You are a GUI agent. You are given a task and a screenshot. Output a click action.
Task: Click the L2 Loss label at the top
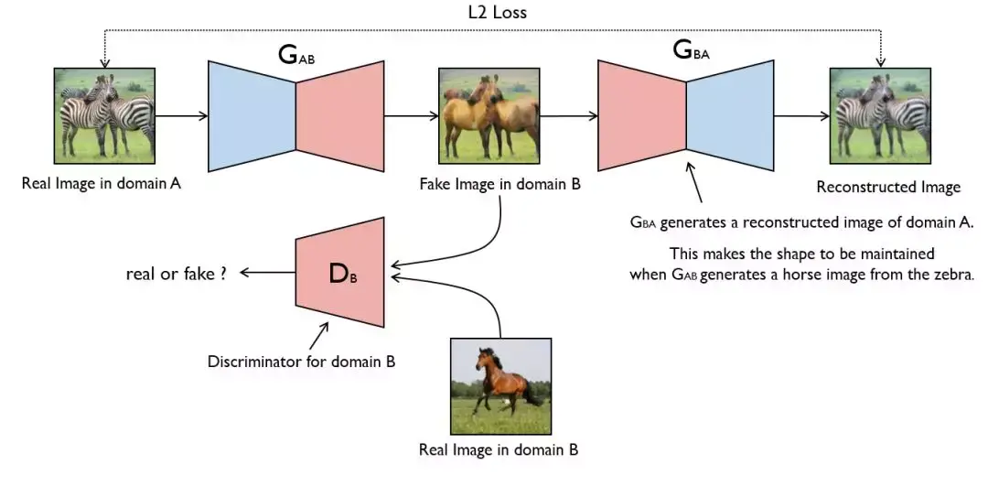pos(495,13)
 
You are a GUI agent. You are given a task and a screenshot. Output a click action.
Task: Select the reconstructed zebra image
pos(880,117)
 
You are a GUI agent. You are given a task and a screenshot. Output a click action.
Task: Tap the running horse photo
pos(500,387)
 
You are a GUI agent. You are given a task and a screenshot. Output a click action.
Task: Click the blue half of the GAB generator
pos(252,116)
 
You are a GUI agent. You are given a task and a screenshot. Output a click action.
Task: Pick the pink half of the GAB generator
pos(340,116)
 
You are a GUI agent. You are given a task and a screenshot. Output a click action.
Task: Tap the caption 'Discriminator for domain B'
pos(301,362)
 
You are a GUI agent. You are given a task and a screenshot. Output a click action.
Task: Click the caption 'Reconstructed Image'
pos(887,187)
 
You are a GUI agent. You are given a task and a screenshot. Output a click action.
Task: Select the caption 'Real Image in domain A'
pos(102,183)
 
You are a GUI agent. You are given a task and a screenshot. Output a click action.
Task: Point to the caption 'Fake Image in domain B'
pos(499,183)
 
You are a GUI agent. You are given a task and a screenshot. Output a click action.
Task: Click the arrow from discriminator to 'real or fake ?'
pos(265,272)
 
